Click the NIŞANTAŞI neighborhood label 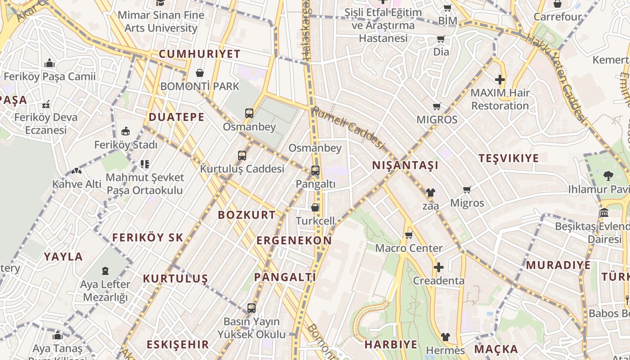click(x=405, y=165)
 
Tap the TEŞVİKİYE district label click(x=508, y=158)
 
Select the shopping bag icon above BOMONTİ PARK click(x=200, y=73)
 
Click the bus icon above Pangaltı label click(x=315, y=171)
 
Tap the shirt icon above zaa click(x=431, y=193)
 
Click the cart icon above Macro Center click(x=409, y=235)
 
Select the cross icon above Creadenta click(x=439, y=268)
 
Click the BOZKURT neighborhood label click(x=247, y=215)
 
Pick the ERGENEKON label click(x=294, y=240)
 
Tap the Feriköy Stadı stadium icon click(x=126, y=132)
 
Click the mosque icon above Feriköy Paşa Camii click(x=49, y=63)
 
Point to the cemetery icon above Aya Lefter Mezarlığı click(x=105, y=271)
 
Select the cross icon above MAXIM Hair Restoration click(x=500, y=80)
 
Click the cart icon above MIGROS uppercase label click(x=436, y=107)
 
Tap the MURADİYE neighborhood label click(x=558, y=265)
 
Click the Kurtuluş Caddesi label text click(x=242, y=169)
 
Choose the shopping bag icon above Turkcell click(x=315, y=207)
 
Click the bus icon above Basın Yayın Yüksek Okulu click(x=252, y=308)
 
